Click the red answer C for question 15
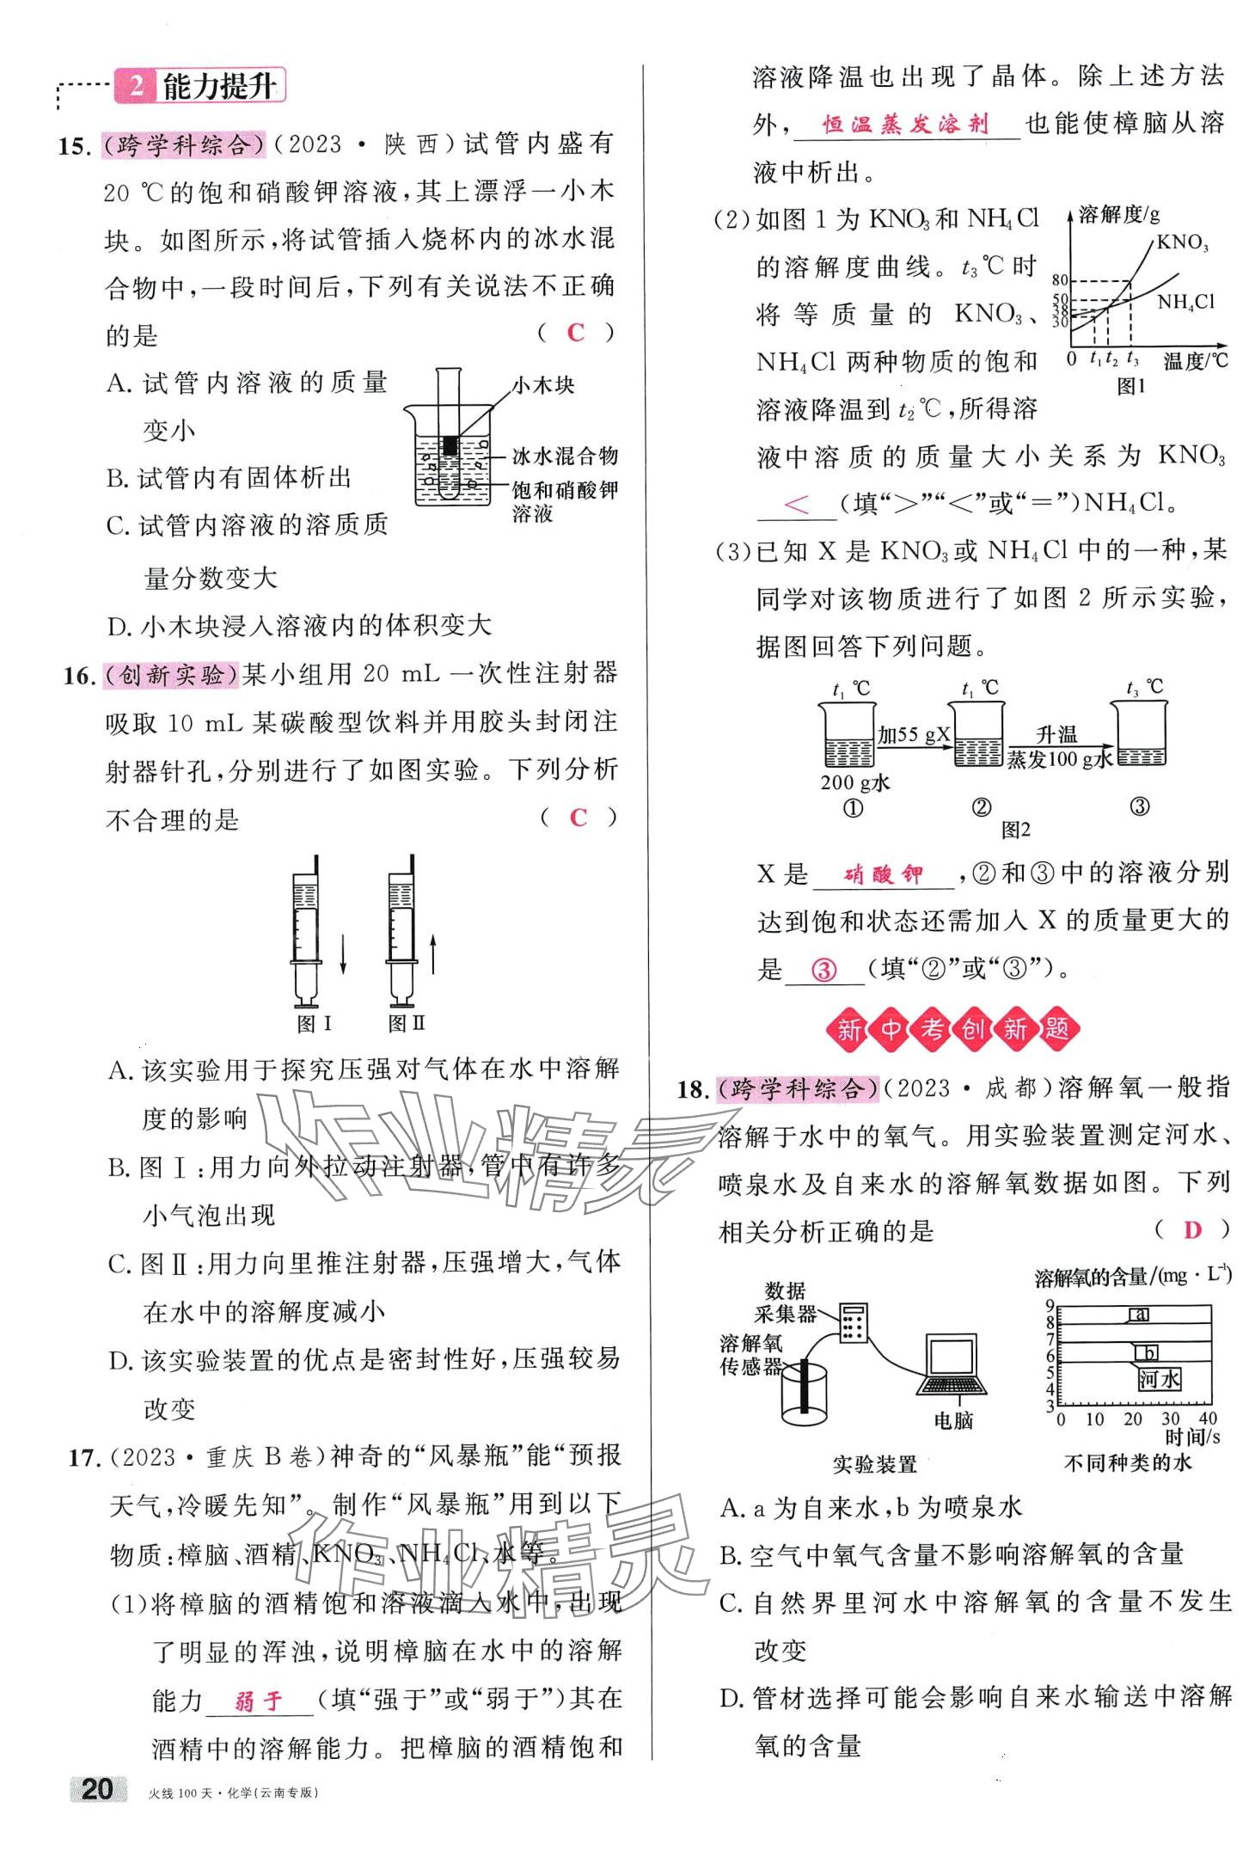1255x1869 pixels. (575, 333)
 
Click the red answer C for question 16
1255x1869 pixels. (578, 817)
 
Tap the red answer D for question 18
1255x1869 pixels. (1191, 1230)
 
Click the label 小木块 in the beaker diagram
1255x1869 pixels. (543, 385)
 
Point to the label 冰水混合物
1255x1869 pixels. (565, 455)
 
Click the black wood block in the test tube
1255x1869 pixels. (450, 445)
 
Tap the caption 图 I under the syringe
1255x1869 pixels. (314, 1023)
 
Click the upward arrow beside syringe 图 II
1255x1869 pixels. (432, 955)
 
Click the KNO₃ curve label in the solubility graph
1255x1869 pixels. (1182, 242)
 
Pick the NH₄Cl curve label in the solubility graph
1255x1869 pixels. (1185, 302)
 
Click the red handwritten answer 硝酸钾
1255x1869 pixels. (883, 875)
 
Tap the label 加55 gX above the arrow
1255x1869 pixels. (914, 733)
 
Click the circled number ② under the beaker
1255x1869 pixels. (981, 807)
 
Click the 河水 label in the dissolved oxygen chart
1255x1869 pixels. (1159, 1380)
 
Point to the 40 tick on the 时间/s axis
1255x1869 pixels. (1208, 1419)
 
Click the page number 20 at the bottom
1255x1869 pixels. (96, 1790)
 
